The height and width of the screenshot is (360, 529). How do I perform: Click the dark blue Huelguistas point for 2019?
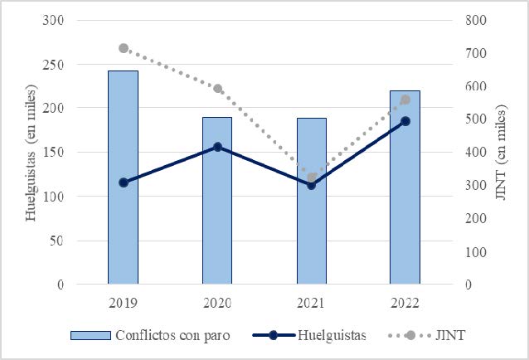[x=123, y=182]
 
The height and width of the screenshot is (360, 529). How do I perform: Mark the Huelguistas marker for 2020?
[x=217, y=147]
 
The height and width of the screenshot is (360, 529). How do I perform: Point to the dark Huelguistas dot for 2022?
[x=405, y=121]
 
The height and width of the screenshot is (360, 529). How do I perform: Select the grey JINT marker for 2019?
[x=123, y=48]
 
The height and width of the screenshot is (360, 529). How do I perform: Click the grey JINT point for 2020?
[x=217, y=89]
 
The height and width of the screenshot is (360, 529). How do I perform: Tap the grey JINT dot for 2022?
[x=405, y=100]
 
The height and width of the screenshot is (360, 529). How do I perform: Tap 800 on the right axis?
[x=478, y=20]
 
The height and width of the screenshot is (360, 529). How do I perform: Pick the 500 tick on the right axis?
[x=478, y=119]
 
